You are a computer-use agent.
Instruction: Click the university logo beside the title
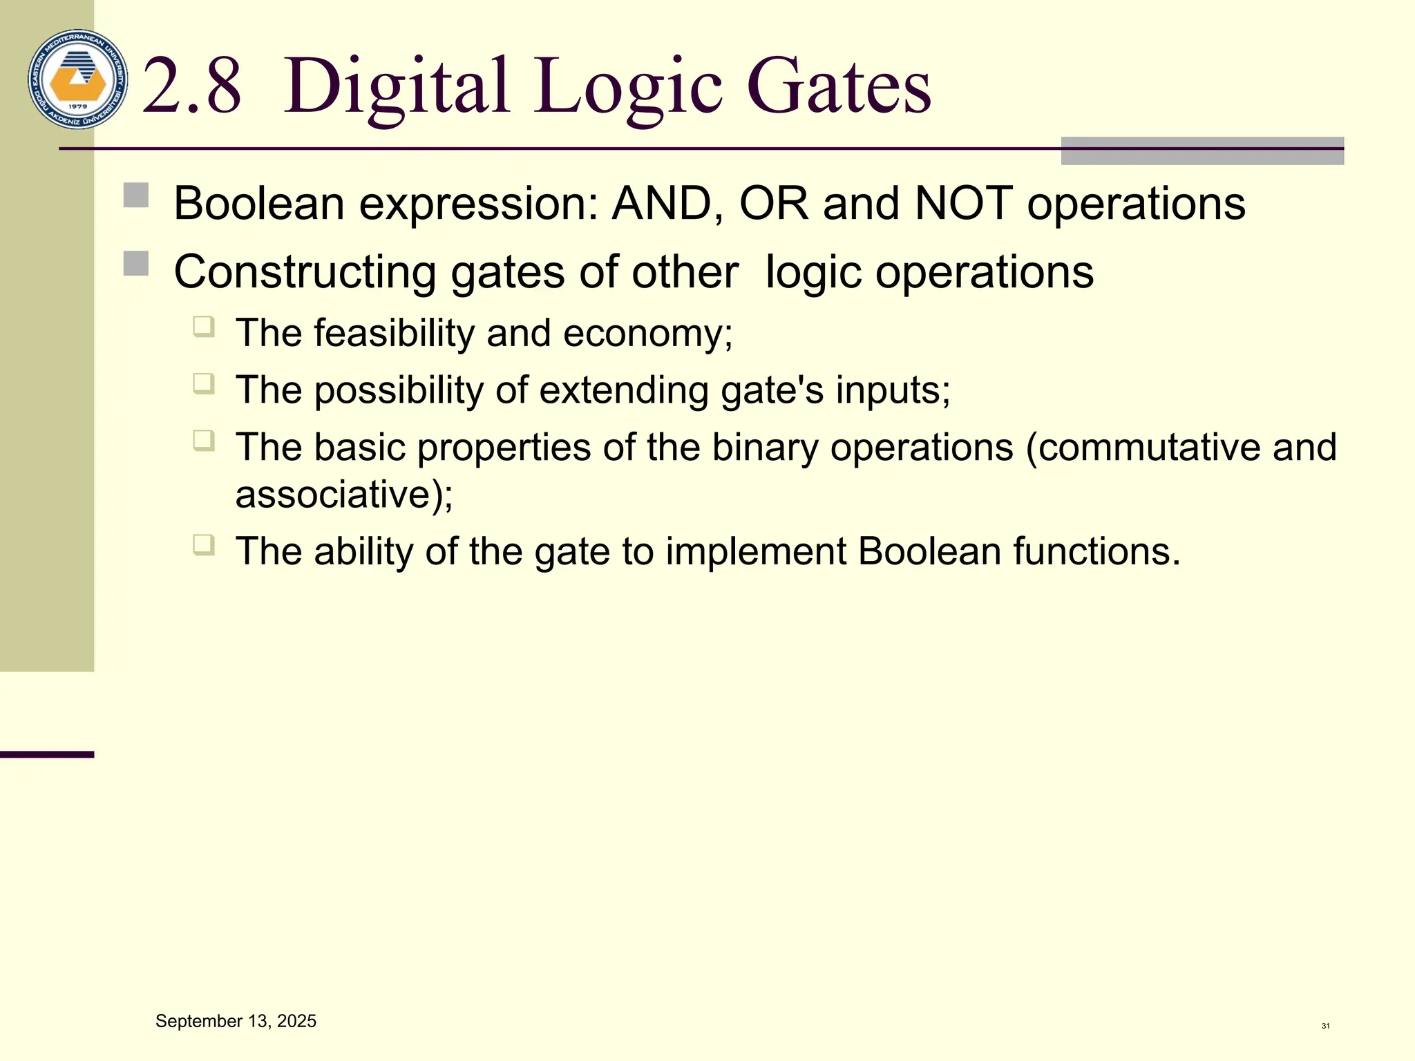point(77,79)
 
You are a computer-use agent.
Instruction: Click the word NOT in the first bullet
point(963,204)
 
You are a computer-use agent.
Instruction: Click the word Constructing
point(304,272)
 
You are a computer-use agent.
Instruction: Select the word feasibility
point(394,334)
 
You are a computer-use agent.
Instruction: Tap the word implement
point(755,552)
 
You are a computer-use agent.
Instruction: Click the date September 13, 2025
point(236,1021)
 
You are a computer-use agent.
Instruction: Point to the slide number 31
point(1325,1026)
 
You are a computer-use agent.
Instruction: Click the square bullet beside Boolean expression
point(136,195)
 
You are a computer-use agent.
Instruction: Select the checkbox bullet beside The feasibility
point(203,325)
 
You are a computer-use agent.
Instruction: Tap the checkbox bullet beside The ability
point(203,544)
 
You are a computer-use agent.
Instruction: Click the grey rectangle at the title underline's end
point(1202,151)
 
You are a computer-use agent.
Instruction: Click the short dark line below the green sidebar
point(46,754)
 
